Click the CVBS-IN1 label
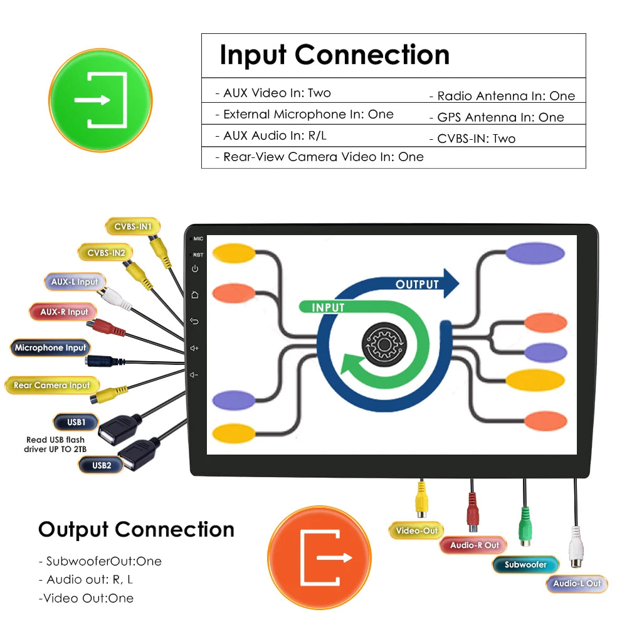(132, 226)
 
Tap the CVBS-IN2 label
(106, 253)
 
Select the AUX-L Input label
(75, 282)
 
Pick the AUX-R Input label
(64, 312)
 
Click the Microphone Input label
(50, 347)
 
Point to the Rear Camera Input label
(51, 385)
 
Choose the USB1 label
(75, 421)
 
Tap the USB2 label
(101, 465)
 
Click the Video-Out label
(416, 530)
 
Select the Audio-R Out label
(474, 545)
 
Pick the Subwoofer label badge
(525, 564)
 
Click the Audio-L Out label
(577, 583)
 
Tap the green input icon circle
(100, 100)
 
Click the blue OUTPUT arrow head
(450, 283)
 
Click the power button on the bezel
(195, 269)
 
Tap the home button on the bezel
(195, 295)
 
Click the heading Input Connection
(334, 55)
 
